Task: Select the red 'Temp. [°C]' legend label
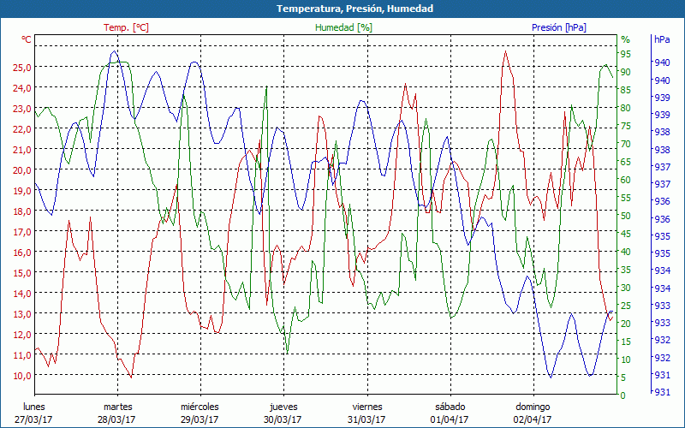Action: (127, 27)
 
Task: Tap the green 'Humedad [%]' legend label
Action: (344, 27)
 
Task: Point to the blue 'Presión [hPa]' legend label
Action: (559, 27)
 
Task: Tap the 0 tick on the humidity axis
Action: (623, 395)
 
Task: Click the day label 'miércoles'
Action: (200, 407)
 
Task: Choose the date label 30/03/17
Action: (283, 419)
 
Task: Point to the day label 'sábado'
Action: (450, 407)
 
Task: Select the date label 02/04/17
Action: (533, 419)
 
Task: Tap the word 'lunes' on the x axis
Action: (33, 407)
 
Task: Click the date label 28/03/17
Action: (116, 419)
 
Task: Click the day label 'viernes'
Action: (366, 407)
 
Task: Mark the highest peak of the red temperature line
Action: (506, 51)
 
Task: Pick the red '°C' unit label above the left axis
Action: (27, 39)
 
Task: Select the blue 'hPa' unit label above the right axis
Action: (662, 39)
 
